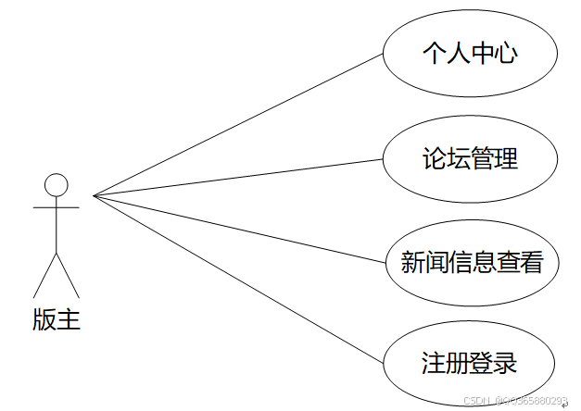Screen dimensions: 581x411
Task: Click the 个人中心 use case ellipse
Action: coord(470,52)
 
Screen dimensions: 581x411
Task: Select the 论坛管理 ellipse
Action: coord(470,158)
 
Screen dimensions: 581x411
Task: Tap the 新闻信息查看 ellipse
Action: coord(471,262)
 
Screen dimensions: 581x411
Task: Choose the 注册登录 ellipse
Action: coord(470,362)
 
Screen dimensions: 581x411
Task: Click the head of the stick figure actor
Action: coord(57,184)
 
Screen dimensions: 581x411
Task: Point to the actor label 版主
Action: coord(57,320)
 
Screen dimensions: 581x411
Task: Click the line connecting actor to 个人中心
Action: coord(237,124)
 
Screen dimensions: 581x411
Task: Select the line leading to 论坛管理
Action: coord(237,177)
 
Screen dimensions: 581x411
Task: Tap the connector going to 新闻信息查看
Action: coord(237,229)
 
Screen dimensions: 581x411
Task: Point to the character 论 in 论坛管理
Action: coord(434,158)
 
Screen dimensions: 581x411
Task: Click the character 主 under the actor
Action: coord(69,320)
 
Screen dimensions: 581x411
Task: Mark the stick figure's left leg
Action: coord(45,275)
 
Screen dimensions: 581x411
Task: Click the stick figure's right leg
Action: coord(68,275)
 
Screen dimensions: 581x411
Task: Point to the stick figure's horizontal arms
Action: coord(57,208)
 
